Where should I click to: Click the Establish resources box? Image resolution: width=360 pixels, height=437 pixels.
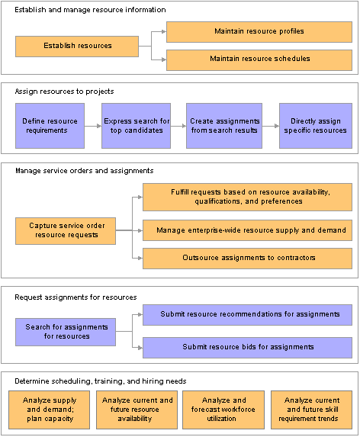click(x=77, y=47)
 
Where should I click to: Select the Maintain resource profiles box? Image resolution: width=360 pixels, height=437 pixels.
click(x=259, y=32)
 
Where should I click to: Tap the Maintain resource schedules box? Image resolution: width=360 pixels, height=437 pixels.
click(x=259, y=60)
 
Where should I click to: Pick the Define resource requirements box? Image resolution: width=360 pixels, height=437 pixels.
click(x=50, y=126)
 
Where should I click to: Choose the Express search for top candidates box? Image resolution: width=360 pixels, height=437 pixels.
click(x=136, y=126)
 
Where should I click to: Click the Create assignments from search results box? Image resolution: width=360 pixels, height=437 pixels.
click(x=224, y=126)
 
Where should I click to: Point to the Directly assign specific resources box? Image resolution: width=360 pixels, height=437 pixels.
click(x=316, y=126)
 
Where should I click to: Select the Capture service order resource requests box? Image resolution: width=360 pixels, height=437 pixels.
click(x=66, y=231)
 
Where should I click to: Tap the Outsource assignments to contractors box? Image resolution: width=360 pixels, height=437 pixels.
click(x=247, y=259)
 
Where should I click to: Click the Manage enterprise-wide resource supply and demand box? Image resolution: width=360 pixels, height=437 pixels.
click(x=247, y=230)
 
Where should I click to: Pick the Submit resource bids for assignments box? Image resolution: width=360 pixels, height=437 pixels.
click(x=247, y=348)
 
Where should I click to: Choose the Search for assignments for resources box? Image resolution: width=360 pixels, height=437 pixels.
click(x=66, y=333)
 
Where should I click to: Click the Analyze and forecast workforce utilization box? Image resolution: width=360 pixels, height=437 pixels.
click(x=223, y=410)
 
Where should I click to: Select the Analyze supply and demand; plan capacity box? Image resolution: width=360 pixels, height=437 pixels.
click(x=50, y=410)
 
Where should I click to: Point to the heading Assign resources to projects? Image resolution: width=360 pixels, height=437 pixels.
click(x=64, y=92)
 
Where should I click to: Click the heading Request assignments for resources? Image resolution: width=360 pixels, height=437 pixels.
click(x=76, y=297)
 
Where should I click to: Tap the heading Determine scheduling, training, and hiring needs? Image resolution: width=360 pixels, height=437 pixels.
click(x=101, y=381)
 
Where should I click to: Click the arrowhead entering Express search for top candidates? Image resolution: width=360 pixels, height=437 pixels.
click(x=99, y=126)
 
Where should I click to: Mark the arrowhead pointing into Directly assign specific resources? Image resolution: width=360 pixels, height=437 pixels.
click(x=277, y=126)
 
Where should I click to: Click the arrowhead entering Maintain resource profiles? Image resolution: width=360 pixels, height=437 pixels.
click(x=164, y=32)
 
